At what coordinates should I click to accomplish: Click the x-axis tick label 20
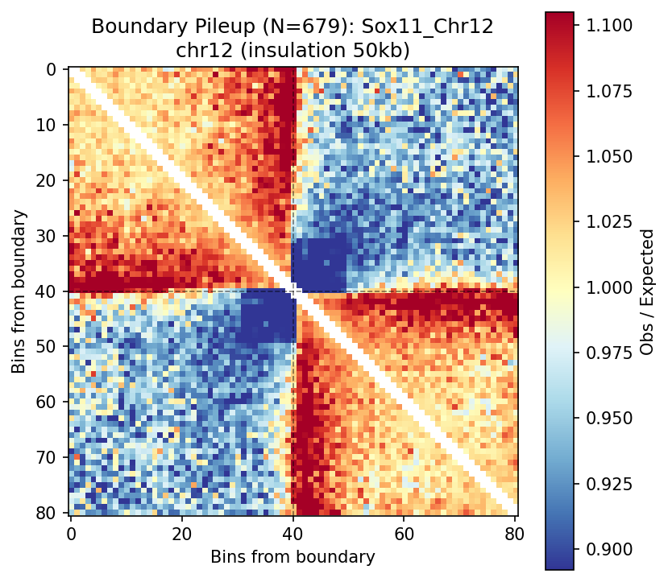click(x=182, y=532)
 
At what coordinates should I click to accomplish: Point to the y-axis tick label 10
click(x=51, y=125)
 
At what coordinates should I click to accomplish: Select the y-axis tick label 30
click(x=51, y=236)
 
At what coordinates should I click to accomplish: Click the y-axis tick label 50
click(x=51, y=347)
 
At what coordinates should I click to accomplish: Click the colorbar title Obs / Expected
click(x=646, y=291)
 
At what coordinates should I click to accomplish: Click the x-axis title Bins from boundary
click(x=293, y=557)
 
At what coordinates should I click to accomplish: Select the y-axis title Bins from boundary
click(x=19, y=291)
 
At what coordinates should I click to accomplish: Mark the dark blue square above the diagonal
click(x=319, y=264)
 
